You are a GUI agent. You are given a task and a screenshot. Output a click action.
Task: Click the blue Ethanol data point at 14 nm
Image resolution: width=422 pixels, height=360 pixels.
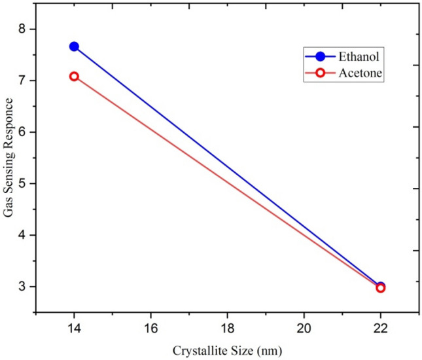(74, 46)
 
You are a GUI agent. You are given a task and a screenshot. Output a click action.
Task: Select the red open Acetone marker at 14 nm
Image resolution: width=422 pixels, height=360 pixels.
(74, 77)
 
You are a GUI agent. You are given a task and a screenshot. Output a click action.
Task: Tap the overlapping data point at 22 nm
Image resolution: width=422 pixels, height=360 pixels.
(380, 287)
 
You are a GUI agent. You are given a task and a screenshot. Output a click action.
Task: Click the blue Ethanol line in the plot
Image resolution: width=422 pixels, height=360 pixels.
(227, 167)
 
